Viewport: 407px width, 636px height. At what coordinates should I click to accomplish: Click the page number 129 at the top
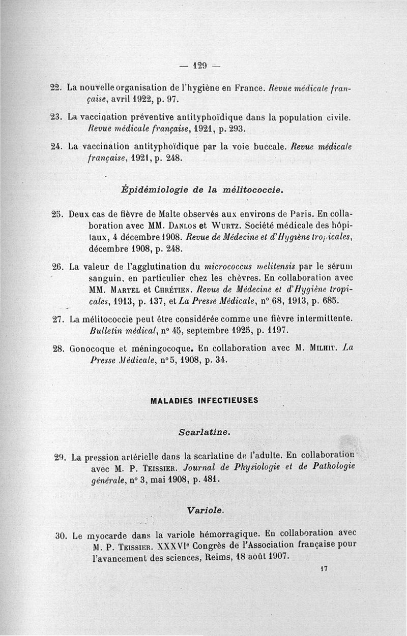pos(200,65)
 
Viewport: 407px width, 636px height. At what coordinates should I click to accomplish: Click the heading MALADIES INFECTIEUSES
pos(205,400)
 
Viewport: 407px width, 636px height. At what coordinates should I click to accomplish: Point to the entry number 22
pos(56,88)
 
